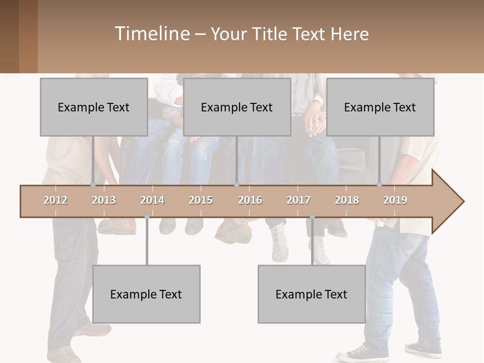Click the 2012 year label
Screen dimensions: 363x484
pyautogui.click(x=55, y=200)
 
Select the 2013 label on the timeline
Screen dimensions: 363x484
pyautogui.click(x=104, y=200)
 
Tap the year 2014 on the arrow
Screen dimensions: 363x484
pyautogui.click(x=152, y=200)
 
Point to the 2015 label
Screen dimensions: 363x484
pyautogui.click(x=201, y=200)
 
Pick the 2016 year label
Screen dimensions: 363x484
pyautogui.click(x=250, y=200)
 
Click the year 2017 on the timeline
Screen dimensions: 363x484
pyautogui.click(x=298, y=200)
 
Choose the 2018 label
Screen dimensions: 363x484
pyautogui.click(x=347, y=200)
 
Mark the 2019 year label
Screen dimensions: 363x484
pyautogui.click(x=395, y=200)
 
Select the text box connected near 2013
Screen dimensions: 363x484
pyautogui.click(x=94, y=107)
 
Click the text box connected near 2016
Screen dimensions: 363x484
pyautogui.click(x=237, y=107)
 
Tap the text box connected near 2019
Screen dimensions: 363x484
pyautogui.click(x=380, y=107)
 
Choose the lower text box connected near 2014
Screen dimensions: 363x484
pyautogui.click(x=146, y=294)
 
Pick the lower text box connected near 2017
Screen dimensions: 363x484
pyautogui.click(x=312, y=294)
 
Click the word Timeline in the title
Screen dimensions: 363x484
pyautogui.click(x=151, y=34)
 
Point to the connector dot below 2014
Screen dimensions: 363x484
pyautogui.click(x=147, y=217)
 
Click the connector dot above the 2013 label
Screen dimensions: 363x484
pyautogui.click(x=93, y=185)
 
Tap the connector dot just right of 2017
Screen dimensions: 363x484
pyautogui.click(x=312, y=217)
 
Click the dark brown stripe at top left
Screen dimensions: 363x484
pyautogui.click(x=9, y=36)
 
